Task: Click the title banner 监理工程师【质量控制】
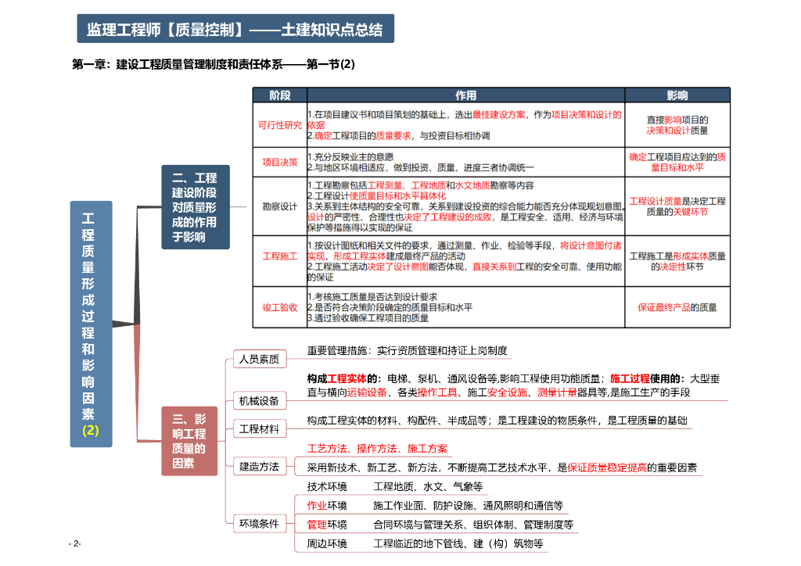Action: [235, 30]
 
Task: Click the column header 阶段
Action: [279, 95]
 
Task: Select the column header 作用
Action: [465, 95]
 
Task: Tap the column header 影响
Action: [677, 95]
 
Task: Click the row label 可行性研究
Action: [279, 125]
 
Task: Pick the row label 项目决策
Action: [279, 162]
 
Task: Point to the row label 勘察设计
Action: [279, 206]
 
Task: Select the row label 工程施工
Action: [279, 256]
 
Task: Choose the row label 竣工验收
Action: [279, 307]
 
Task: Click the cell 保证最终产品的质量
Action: [677, 307]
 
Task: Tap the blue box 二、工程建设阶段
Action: [195, 207]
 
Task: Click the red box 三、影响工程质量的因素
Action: [189, 441]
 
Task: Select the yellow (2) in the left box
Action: [91, 431]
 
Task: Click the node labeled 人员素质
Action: [259, 360]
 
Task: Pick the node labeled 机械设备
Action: [259, 401]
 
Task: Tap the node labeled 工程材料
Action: [259, 429]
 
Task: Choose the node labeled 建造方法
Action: [259, 467]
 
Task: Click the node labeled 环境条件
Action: [259, 524]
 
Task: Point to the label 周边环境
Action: [327, 543]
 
